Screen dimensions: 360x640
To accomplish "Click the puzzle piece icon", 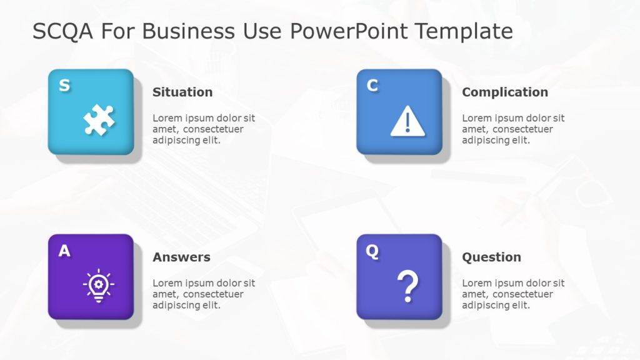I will [99, 120].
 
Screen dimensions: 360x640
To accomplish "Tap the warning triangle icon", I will [407, 121].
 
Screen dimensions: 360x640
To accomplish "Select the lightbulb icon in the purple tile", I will [99, 286].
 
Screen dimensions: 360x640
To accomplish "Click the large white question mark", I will [407, 286].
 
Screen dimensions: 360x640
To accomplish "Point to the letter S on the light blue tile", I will [64, 86].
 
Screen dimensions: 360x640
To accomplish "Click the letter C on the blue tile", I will [372, 86].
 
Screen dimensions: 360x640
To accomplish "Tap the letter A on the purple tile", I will [64, 251].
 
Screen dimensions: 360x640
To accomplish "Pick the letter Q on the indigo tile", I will [372, 251].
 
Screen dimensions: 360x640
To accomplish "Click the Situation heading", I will [182, 92].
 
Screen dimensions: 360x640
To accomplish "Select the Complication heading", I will [504, 92].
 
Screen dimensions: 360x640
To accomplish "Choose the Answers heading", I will [181, 257].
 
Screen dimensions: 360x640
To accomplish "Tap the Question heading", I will [491, 257].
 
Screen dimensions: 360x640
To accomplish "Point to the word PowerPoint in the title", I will [349, 31].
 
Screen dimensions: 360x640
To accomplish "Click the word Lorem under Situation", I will [168, 118].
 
